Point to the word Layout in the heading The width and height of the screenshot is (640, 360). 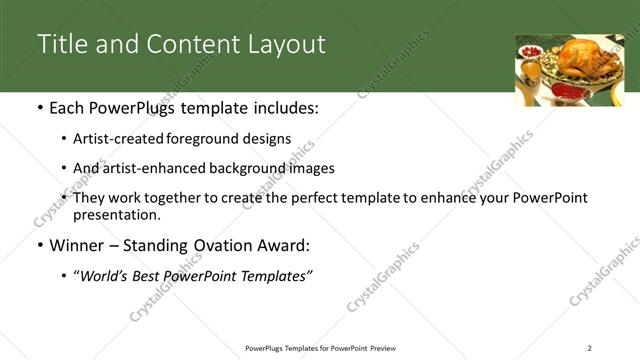[283, 44]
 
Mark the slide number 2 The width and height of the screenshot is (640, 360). [589, 348]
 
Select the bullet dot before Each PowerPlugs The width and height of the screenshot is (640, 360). [40, 108]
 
